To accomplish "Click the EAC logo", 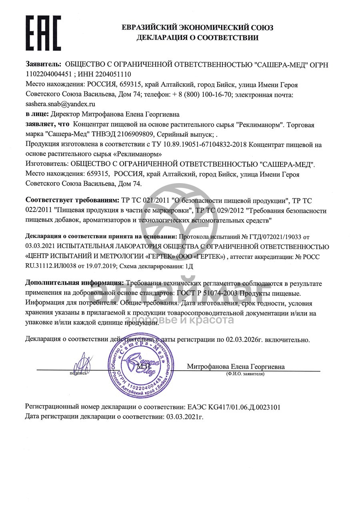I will (43, 33).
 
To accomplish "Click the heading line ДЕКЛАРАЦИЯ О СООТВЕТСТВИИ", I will (198, 38).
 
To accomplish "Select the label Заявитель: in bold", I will (44, 64).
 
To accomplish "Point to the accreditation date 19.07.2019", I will (107, 265).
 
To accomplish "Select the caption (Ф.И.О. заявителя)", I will (244, 373).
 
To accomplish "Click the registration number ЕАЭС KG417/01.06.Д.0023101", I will (234, 407).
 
